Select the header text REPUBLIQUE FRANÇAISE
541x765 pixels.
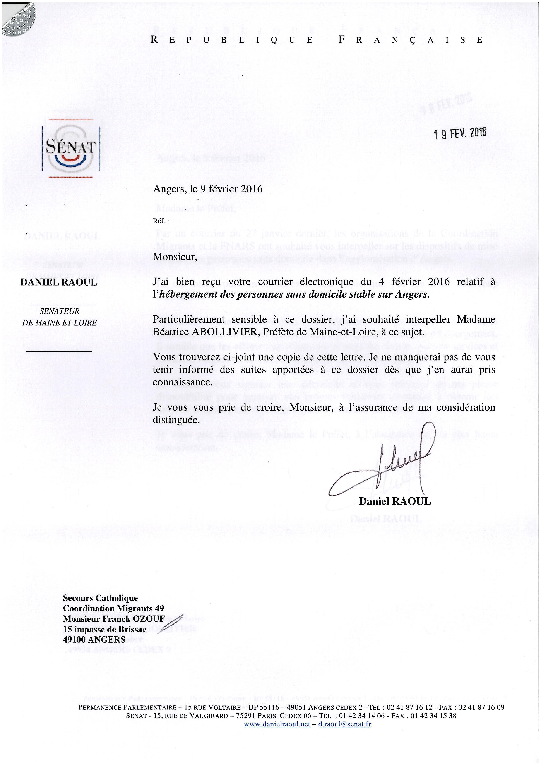pos(317,40)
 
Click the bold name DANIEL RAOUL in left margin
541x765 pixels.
pos(59,282)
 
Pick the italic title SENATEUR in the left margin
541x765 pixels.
pos(59,311)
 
